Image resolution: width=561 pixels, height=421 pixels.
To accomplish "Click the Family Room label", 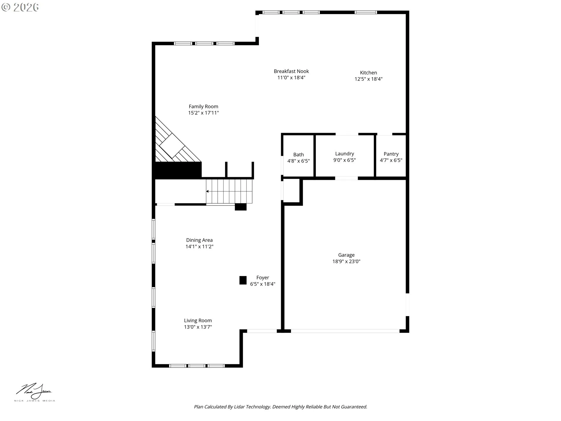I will click(203, 106).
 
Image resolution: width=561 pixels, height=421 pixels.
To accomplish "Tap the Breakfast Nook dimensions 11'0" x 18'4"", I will click(291, 78).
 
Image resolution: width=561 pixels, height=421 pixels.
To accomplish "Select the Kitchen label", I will click(368, 73).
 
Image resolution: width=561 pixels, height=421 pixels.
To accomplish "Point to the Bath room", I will click(298, 157).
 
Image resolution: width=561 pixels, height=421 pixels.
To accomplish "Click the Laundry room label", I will click(344, 154).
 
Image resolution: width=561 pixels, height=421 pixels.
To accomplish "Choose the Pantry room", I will click(391, 157).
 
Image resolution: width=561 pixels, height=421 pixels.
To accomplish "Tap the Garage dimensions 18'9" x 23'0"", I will click(346, 261).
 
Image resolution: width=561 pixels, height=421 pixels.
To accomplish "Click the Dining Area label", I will click(199, 240).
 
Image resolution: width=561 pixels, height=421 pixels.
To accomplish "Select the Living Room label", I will click(198, 320).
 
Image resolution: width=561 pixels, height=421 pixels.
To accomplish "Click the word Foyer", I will click(262, 277).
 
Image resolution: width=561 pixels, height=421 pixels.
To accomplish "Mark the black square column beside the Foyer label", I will click(243, 280).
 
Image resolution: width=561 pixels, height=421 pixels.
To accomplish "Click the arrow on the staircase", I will click(207, 191).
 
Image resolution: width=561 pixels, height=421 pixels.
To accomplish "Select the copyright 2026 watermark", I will click(20, 7).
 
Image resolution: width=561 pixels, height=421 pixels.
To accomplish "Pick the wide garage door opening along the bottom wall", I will click(345, 331).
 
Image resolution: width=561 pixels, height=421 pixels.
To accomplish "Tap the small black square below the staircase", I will click(240, 207).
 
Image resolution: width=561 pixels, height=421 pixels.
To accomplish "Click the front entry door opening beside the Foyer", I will click(262, 331).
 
